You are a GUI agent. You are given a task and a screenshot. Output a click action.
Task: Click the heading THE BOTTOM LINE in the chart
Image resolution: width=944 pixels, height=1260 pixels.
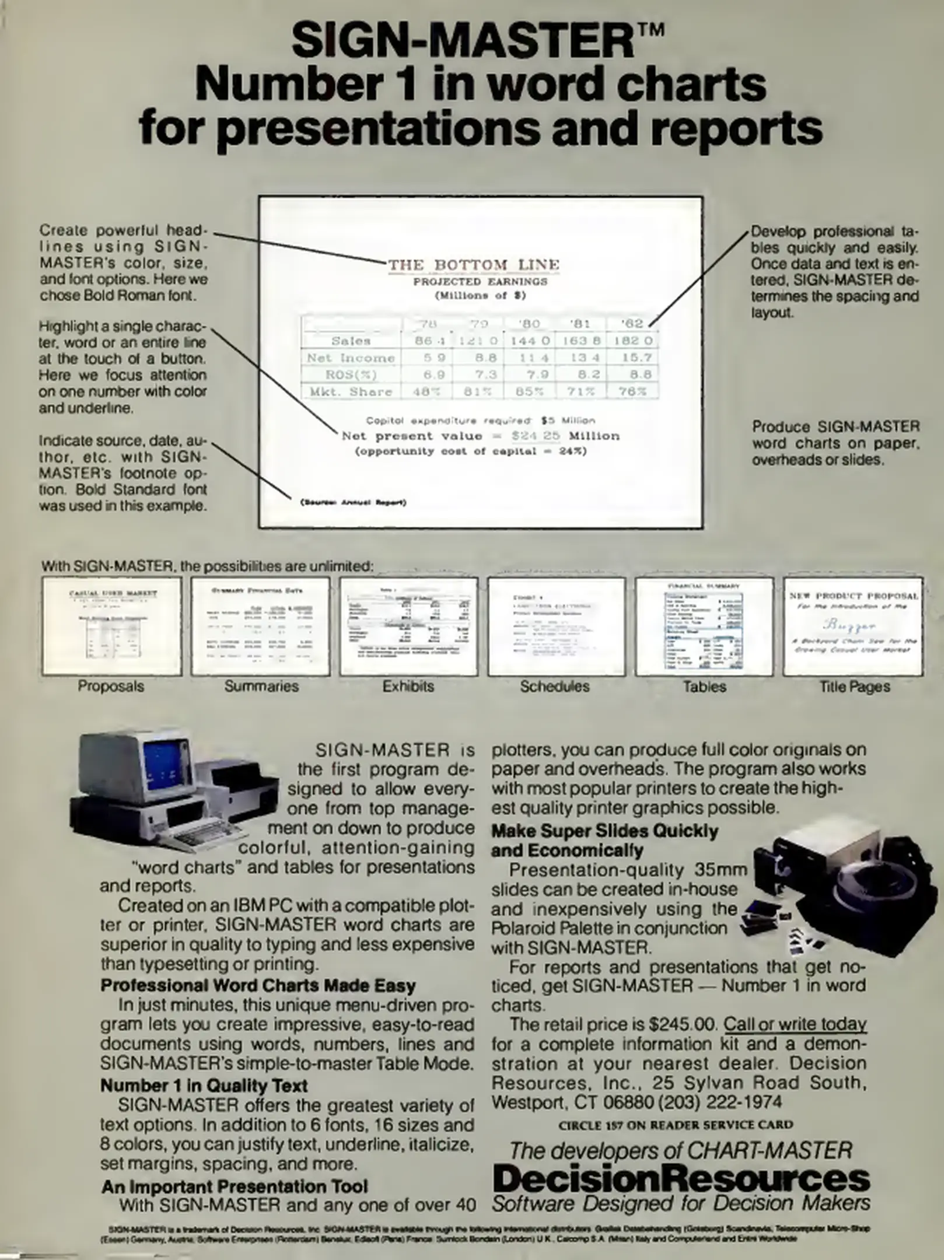473,265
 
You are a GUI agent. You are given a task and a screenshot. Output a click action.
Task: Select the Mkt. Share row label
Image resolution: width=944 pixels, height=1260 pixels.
351,391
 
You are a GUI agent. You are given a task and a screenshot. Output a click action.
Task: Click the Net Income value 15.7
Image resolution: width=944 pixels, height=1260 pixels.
632,358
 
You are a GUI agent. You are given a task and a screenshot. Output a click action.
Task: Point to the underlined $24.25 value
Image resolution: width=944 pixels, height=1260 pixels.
536,436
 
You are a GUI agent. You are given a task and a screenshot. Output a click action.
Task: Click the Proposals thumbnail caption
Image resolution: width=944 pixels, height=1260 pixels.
111,686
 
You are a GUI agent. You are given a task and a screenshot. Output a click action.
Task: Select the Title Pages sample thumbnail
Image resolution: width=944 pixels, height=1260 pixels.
853,626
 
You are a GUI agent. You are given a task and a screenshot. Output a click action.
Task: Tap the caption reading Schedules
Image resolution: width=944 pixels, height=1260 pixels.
555,686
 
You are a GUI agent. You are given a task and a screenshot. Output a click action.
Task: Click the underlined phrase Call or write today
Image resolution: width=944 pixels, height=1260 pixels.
795,1024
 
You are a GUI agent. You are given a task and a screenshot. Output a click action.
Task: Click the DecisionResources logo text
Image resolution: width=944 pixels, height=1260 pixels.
681,1178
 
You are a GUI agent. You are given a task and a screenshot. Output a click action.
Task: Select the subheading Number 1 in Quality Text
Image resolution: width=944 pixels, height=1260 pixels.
204,1086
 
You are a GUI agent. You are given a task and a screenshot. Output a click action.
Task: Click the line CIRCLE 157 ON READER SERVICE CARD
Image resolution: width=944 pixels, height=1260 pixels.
676,1125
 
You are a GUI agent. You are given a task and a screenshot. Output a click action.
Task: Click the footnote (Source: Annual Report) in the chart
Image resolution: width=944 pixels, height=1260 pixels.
353,502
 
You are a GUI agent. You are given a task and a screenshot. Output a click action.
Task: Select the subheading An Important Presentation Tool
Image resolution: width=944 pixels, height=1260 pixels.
235,1186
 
